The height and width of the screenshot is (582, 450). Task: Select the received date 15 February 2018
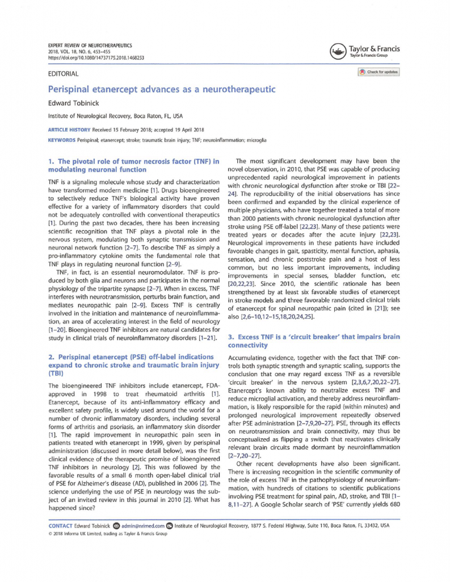[x=132, y=131]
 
